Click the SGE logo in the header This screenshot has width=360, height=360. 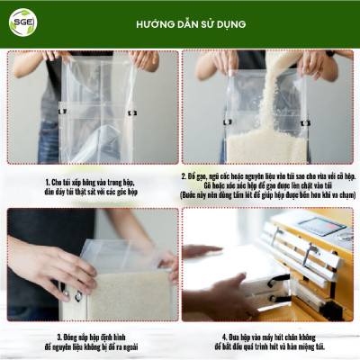tap(22, 22)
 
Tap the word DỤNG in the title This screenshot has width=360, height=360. tap(230, 23)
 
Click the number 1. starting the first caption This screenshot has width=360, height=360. tap(46, 181)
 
